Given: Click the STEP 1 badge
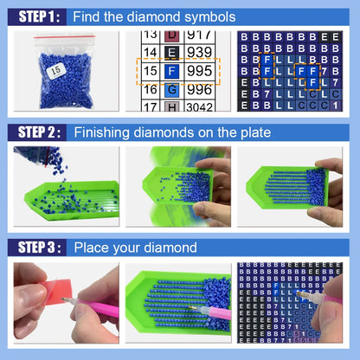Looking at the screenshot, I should [32, 16].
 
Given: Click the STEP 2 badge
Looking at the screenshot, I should [32, 132].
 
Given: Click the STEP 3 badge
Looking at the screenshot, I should [32, 247].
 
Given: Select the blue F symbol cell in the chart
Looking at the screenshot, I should [172, 70].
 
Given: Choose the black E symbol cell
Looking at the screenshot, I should [172, 52].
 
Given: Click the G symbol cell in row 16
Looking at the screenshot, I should [172, 89].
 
